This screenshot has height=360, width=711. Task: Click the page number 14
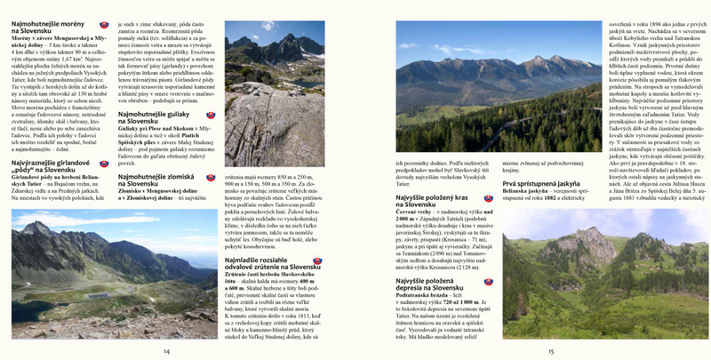(166, 351)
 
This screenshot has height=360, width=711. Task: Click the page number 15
(550, 351)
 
